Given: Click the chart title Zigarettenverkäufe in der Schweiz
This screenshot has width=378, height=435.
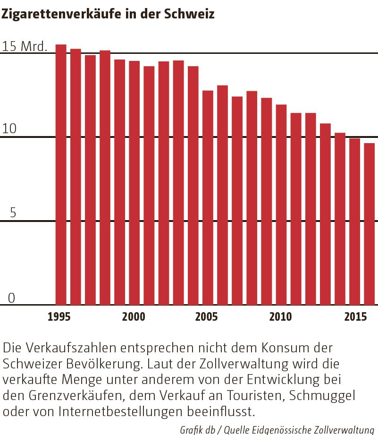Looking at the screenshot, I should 108,14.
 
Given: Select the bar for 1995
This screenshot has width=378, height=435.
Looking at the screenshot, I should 61,175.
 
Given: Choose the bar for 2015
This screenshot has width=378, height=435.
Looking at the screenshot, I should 354,222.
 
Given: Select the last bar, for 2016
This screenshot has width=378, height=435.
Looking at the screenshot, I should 369,224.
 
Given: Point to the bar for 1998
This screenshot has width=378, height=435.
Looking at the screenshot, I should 105,178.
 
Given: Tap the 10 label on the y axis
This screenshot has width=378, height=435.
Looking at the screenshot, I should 9,129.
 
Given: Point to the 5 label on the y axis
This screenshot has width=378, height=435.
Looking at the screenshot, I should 13,213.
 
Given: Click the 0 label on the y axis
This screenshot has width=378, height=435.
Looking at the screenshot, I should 11,298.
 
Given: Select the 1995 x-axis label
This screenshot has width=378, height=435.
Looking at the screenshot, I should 59,317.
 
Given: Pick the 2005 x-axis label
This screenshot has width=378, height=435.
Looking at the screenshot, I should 207,317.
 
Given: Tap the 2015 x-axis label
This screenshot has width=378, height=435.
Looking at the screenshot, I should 355,317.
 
